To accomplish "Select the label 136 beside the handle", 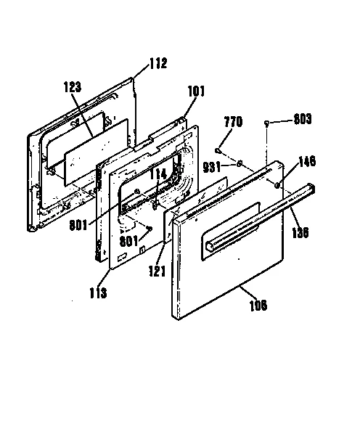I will click(x=299, y=234).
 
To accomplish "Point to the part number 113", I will click(x=99, y=293).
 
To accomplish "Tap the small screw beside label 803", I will click(x=268, y=122).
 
